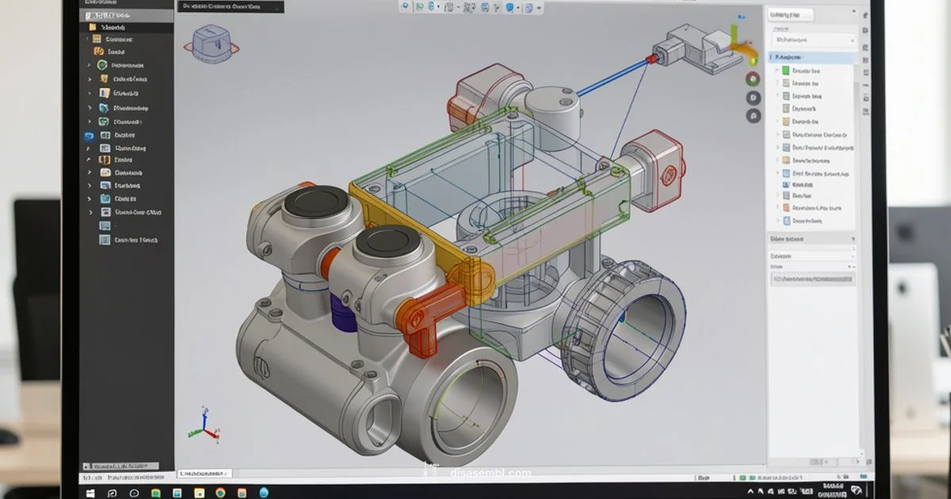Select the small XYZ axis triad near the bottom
click(204, 427)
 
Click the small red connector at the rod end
click(652, 58)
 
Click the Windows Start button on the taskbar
click(90, 493)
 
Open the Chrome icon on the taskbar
click(220, 493)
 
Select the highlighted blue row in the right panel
click(812, 58)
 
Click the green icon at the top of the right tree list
click(785, 70)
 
